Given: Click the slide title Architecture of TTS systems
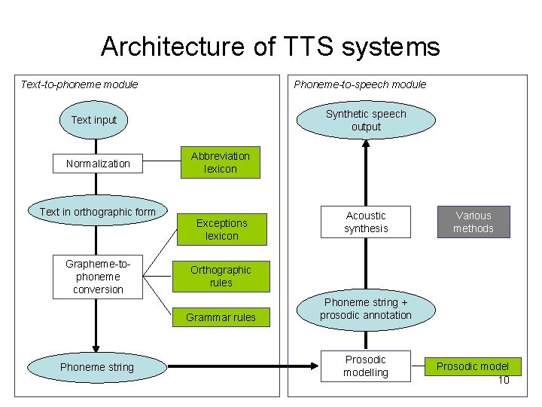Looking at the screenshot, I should [x=270, y=47].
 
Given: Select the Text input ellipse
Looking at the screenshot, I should [x=94, y=121].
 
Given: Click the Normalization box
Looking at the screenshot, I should [x=98, y=164].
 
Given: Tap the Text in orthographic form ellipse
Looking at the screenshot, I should [x=98, y=212].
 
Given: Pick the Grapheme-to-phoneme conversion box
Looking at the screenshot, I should [x=98, y=277].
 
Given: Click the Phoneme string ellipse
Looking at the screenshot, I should [x=97, y=367].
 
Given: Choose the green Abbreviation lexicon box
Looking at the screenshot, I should [x=220, y=162].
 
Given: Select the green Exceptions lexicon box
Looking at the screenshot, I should [x=221, y=229].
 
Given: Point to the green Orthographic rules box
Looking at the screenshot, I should [x=221, y=276].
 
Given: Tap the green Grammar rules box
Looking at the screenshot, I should [x=221, y=317].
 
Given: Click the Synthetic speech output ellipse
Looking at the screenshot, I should [x=366, y=121].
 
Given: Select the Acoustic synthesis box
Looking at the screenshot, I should [x=366, y=222].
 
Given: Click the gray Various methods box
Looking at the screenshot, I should [x=473, y=222].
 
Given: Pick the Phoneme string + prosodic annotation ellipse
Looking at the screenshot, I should [x=366, y=309].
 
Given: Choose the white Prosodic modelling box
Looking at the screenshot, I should [x=366, y=366].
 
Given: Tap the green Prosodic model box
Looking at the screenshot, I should [x=473, y=366].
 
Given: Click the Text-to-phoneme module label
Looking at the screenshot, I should [x=79, y=84].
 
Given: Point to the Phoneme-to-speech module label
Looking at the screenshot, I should [x=360, y=84].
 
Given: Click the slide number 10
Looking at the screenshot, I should [x=504, y=380].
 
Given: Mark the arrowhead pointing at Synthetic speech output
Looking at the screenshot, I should [x=366, y=145].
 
